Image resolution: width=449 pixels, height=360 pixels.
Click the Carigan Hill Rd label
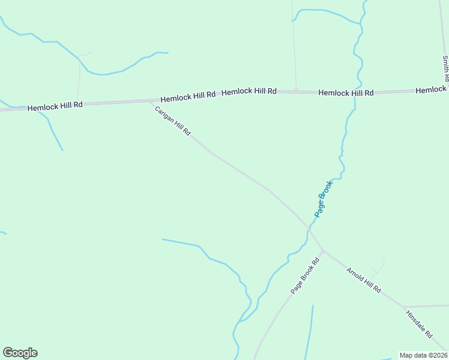pyautogui.click(x=172, y=121)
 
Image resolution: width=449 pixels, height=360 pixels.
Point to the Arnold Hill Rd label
pyautogui.click(x=364, y=280)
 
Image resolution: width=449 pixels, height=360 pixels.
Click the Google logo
pyautogui.click(x=20, y=353)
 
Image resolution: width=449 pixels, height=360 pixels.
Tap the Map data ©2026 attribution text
pyautogui.click(x=423, y=355)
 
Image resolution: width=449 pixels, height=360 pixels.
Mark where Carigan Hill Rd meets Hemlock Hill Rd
pyautogui.click(x=150, y=101)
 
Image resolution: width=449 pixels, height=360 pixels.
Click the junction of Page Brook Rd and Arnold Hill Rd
pyautogui.click(x=322, y=251)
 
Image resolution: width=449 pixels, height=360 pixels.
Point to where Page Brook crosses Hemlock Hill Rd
pyautogui.click(x=355, y=92)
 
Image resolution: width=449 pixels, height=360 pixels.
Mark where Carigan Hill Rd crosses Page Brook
pyautogui.click(x=309, y=229)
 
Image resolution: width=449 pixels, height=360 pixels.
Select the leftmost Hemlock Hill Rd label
pyautogui.click(x=55, y=106)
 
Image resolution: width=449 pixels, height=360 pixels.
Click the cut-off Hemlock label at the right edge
pyautogui.click(x=432, y=89)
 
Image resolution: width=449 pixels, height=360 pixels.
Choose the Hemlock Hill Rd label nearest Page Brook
pyautogui.click(x=346, y=92)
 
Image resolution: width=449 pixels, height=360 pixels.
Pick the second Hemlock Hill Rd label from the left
pyautogui.click(x=187, y=95)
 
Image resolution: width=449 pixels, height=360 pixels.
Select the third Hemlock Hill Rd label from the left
pyautogui.click(x=249, y=91)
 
